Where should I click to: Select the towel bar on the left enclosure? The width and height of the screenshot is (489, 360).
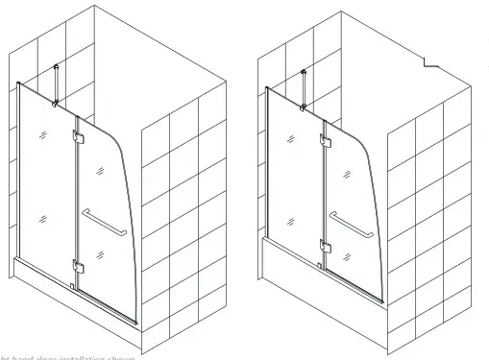tap(104, 223)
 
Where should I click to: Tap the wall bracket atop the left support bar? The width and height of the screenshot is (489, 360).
tap(60, 67)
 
